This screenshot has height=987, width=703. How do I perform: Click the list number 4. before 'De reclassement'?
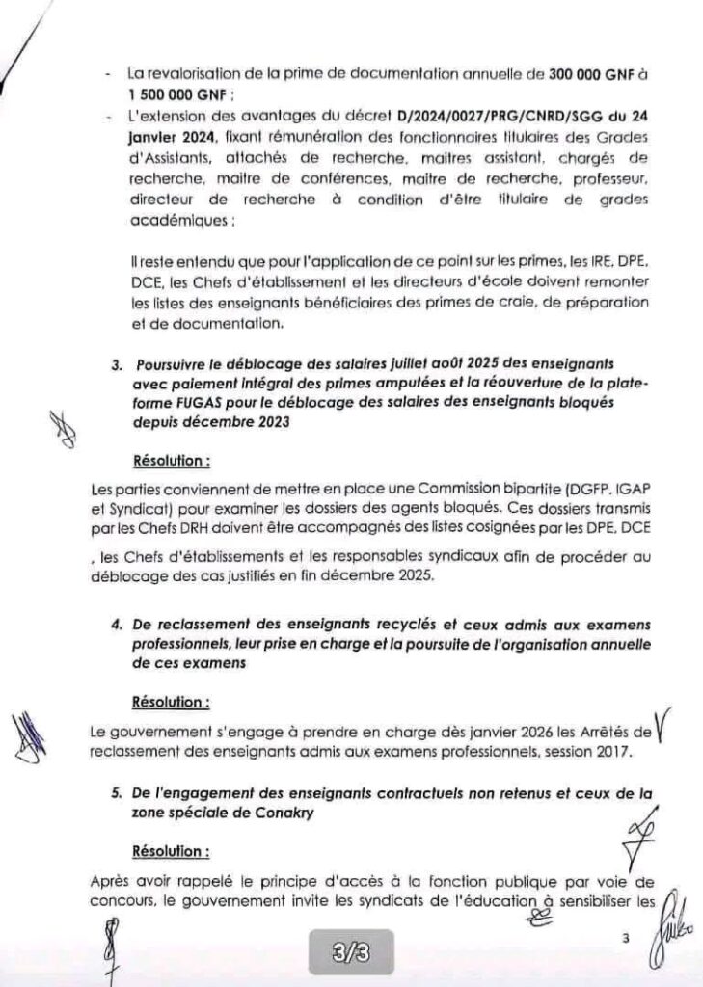118,624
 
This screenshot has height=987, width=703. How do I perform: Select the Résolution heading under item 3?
170,461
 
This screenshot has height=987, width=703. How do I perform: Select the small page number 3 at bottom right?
625,937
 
